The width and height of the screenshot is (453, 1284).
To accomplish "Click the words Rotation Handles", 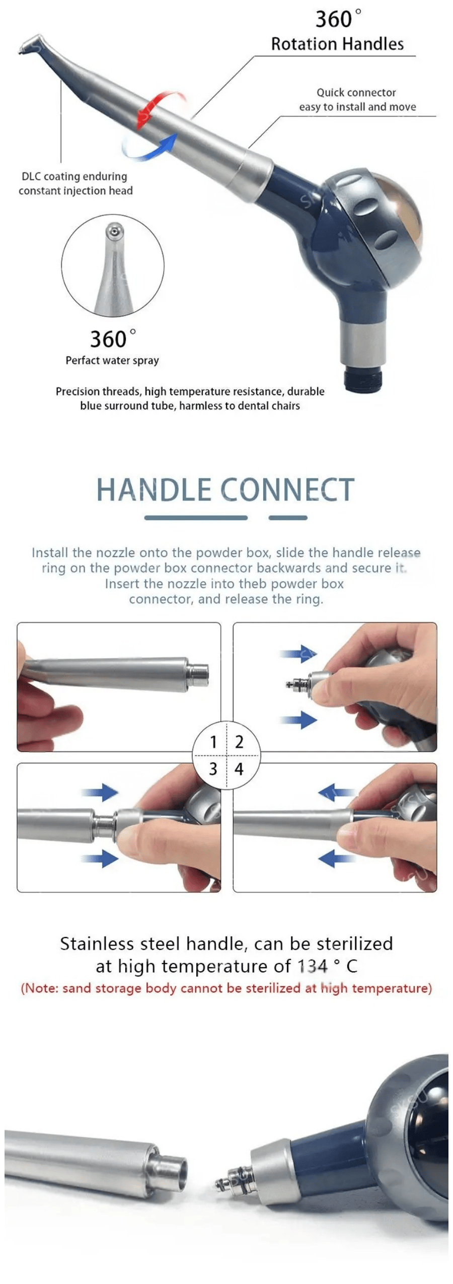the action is coord(337,44).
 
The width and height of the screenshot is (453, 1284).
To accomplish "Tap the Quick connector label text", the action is coord(356,92).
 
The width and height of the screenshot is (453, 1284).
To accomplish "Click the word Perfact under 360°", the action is coord(83,360).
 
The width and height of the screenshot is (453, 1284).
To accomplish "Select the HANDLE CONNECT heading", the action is coord(225,489).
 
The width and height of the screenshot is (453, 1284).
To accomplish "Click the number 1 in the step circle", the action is coord(213,742).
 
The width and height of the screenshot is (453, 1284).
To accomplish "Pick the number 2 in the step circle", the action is coord(239,742).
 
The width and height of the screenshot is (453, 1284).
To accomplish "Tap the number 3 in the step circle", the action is coord(213,769).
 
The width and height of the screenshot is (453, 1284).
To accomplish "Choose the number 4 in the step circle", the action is coord(239,769).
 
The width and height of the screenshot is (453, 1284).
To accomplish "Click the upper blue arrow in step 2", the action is coord(298,654).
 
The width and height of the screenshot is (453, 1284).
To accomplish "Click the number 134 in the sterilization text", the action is coord(312,966).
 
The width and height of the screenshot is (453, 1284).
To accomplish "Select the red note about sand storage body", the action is coord(226,988).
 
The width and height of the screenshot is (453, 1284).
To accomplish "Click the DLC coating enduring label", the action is coord(74,176).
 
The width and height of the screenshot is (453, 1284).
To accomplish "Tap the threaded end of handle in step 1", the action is coord(198,675).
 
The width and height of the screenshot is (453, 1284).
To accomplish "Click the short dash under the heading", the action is coord(288,518).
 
